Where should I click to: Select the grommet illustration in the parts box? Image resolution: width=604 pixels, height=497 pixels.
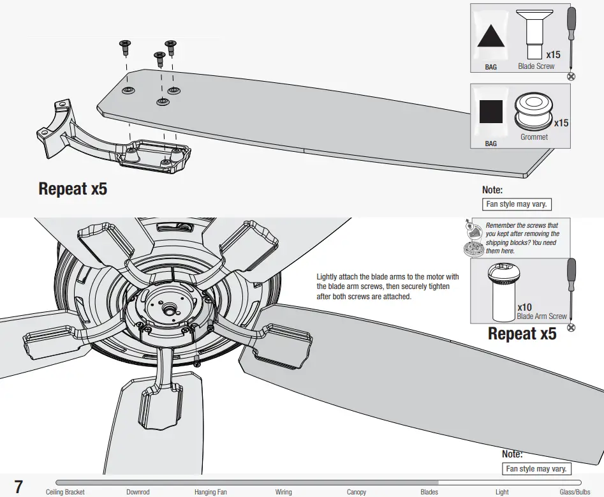pos(533,110)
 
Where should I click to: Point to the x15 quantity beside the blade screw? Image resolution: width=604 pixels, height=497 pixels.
pos(552,55)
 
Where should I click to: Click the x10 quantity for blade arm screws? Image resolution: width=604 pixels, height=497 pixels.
pos(525,307)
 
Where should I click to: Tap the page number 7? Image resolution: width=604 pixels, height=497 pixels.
pos(18,486)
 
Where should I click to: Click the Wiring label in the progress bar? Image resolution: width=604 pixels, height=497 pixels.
pos(283,492)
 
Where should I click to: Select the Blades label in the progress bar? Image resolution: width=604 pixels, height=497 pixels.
pos(429,492)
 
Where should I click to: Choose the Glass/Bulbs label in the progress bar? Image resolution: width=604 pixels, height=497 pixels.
pos(575,492)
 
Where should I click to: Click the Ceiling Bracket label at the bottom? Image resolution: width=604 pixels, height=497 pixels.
pos(65,492)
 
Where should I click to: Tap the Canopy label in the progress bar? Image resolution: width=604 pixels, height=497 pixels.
pos(357,492)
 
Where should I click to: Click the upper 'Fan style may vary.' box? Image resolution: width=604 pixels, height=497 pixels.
pos(517,204)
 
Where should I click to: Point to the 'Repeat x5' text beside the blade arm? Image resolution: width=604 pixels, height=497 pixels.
pos(73,189)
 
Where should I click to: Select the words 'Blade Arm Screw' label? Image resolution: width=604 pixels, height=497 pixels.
pos(541,316)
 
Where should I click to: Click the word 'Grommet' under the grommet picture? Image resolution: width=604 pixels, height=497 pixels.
pos(534,137)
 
